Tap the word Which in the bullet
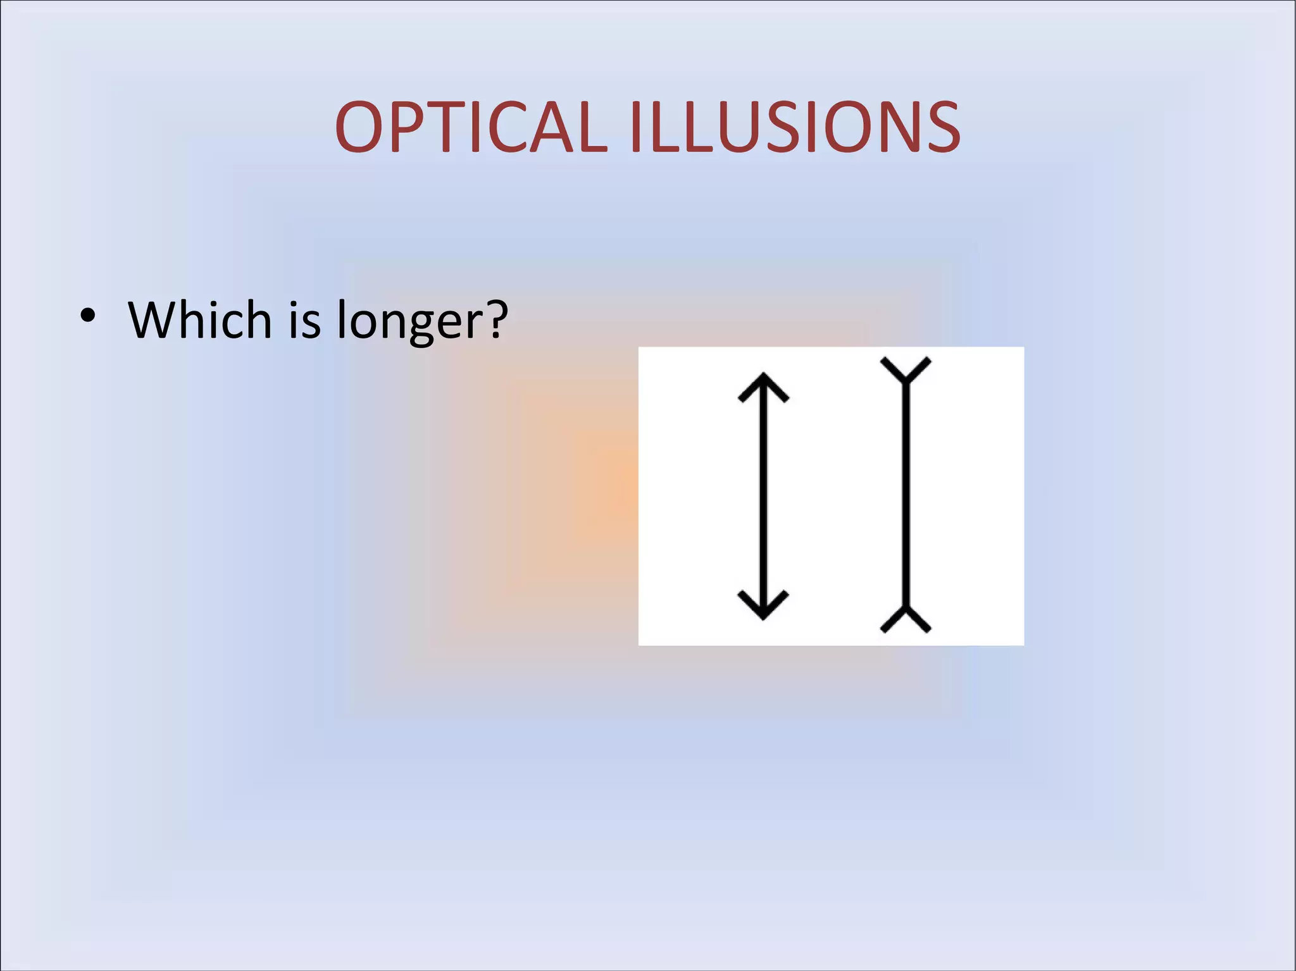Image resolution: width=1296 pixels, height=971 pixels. coord(200,319)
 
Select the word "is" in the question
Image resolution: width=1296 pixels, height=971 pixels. coord(304,319)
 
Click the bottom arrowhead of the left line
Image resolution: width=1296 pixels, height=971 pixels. coord(763,605)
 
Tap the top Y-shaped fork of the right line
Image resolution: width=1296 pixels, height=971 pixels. coord(906,370)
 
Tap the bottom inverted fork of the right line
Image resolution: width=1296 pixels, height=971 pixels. coord(906,619)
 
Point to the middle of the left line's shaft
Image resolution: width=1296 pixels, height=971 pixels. coord(763,496)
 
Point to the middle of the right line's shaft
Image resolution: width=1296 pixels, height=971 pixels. coord(906,496)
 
